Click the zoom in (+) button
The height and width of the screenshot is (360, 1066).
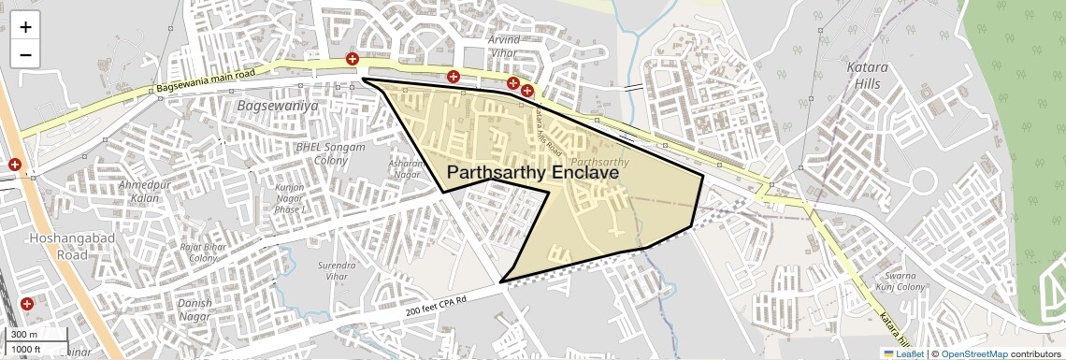coord(25,27)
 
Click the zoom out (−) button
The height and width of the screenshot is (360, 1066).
coord(25,55)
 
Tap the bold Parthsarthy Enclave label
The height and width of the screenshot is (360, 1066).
coord(533,173)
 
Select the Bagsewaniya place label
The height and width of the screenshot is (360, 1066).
coord(278,107)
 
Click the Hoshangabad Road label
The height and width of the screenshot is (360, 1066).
coord(59,245)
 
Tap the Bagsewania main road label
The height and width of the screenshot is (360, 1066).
coord(206,80)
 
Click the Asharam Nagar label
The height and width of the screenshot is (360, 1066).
coord(406,168)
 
